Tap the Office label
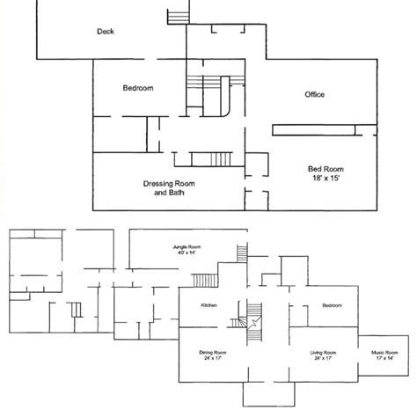313,94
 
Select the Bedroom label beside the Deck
138,89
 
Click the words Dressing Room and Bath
168,188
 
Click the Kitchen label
209,305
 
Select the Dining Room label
213,353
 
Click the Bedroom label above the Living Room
332,305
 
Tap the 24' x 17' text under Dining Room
213,360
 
